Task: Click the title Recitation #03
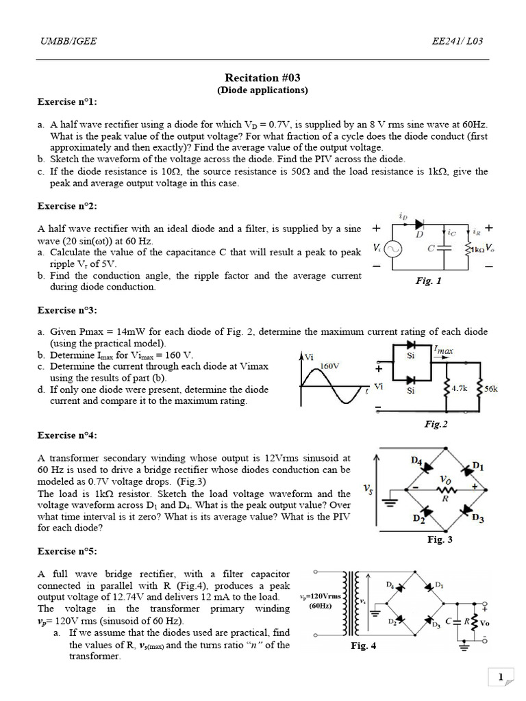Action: pos(262,78)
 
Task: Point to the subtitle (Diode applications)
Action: pos(262,90)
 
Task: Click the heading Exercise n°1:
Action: pos(67,102)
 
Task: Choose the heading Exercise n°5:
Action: pos(67,551)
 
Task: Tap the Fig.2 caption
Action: pos(436,424)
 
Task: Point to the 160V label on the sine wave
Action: pos(331,366)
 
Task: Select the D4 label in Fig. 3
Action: pos(416,461)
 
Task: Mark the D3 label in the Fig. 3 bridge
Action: pos(477,520)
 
